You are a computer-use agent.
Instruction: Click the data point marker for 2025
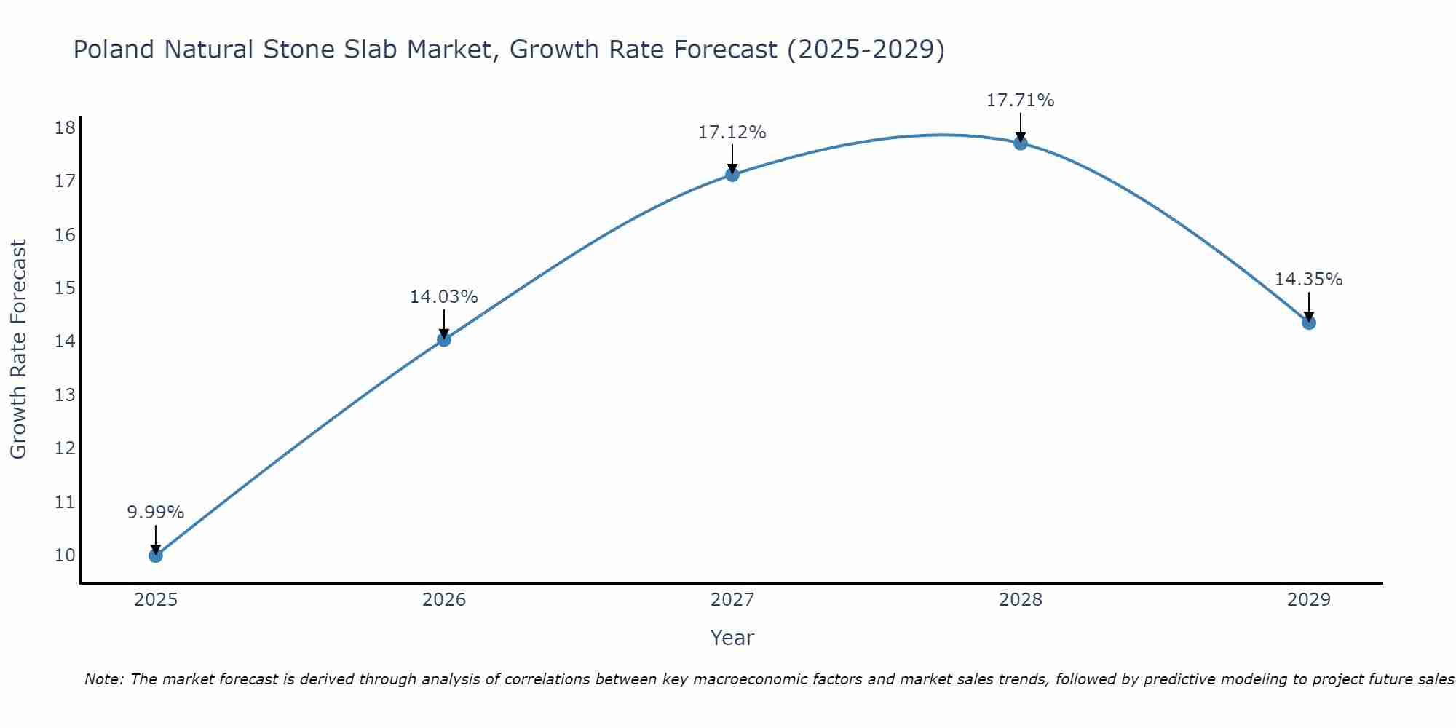point(156,555)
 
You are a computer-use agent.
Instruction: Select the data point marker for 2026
point(444,339)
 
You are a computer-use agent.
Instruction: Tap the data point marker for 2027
point(732,174)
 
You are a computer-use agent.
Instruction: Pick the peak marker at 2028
point(1021,143)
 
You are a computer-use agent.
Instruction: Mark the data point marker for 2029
point(1309,323)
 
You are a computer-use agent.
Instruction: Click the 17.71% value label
point(1020,100)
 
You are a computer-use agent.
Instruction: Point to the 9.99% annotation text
point(156,513)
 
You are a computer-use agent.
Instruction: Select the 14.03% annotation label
point(443,297)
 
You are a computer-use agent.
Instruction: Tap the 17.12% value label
point(732,132)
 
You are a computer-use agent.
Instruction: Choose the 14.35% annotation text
point(1308,280)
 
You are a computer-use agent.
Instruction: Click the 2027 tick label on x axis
point(732,600)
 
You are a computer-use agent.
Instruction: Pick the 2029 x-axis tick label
point(1309,600)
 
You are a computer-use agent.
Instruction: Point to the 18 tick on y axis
point(65,128)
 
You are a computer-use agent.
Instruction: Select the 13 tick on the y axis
point(65,395)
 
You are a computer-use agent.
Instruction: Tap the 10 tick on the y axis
point(65,555)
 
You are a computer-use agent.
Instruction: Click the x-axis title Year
point(732,638)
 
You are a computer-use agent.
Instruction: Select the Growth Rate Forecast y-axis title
point(19,349)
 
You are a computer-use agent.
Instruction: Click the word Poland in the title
point(114,50)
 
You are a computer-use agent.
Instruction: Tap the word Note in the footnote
point(104,679)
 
